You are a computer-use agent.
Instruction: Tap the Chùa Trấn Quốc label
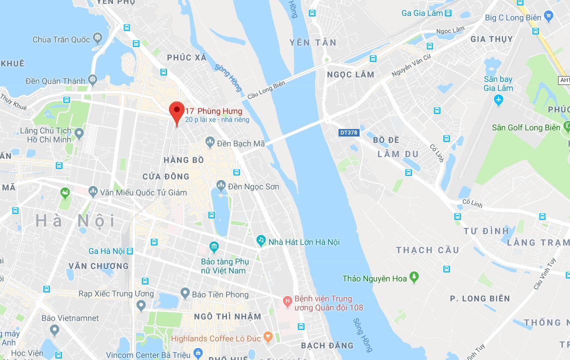[61, 39]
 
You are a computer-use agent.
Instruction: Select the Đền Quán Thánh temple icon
[92, 80]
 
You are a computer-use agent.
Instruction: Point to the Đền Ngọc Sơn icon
[221, 186]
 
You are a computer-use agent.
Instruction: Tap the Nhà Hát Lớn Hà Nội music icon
[260, 241]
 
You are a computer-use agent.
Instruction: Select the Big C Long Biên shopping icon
[549, 17]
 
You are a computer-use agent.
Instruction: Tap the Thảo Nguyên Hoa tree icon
[413, 277]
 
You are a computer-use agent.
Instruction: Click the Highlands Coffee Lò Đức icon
[268, 338]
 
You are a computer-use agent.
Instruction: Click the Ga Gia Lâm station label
[422, 13]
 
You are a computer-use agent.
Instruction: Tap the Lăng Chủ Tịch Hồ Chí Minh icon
[79, 133]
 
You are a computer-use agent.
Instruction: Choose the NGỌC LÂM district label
[350, 74]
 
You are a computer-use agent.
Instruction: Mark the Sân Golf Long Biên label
[526, 127]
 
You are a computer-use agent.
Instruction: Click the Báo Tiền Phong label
[220, 294]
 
